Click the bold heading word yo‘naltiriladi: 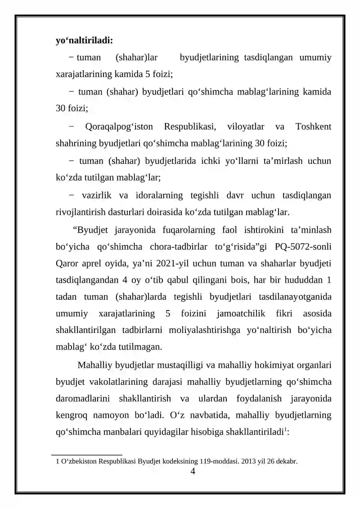(x=84, y=41)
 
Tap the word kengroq (x=72, y=415)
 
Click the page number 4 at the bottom (x=193, y=472)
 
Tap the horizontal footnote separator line (x=87, y=455)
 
